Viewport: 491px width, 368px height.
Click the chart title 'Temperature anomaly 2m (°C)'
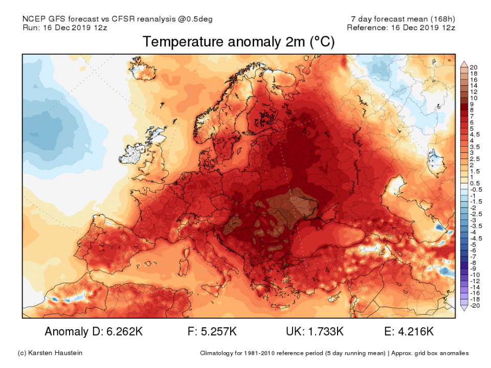tap(238, 42)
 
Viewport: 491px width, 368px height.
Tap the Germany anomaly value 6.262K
tap(123, 332)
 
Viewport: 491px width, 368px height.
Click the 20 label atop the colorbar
tap(473, 67)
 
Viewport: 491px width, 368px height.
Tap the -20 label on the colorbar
tap(474, 306)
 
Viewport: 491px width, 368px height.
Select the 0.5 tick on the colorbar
tap(474, 183)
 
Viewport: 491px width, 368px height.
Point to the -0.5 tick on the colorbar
tap(475, 190)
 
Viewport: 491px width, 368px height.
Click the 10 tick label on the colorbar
tap(473, 98)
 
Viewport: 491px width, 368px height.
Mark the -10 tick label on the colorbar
tap(474, 275)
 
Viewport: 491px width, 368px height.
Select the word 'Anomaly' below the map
tap(65, 332)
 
